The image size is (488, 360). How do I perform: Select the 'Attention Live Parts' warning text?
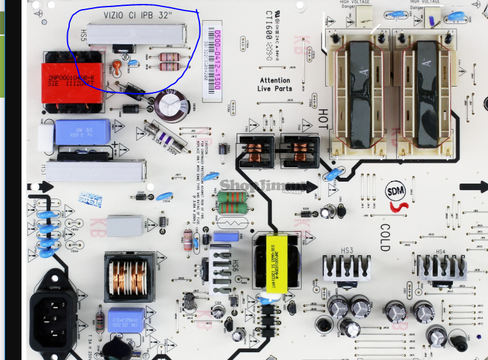pos(274,85)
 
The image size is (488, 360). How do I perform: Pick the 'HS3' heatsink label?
pos(346,251)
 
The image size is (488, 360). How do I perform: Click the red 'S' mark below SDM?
pos(395,208)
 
